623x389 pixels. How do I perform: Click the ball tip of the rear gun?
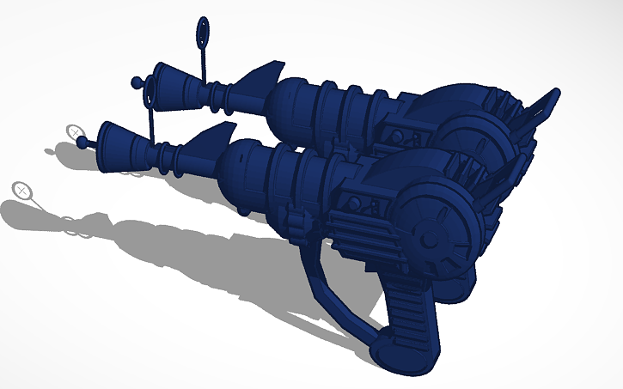[136, 82]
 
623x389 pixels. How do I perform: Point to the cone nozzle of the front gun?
[117, 137]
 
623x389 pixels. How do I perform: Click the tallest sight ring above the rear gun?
[203, 31]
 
